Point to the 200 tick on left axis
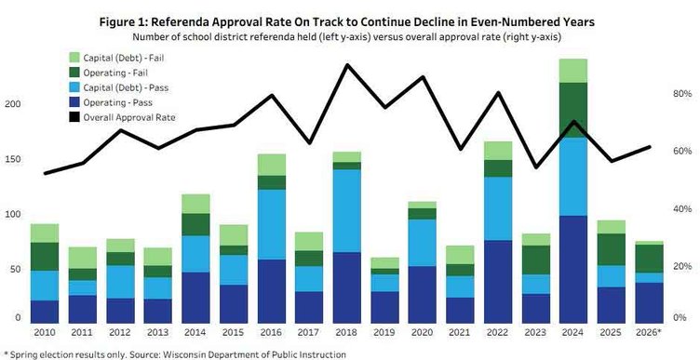pos(12,104)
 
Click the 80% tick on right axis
pos(683,95)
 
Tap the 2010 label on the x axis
pos(44,331)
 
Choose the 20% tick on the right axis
pos(683,266)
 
